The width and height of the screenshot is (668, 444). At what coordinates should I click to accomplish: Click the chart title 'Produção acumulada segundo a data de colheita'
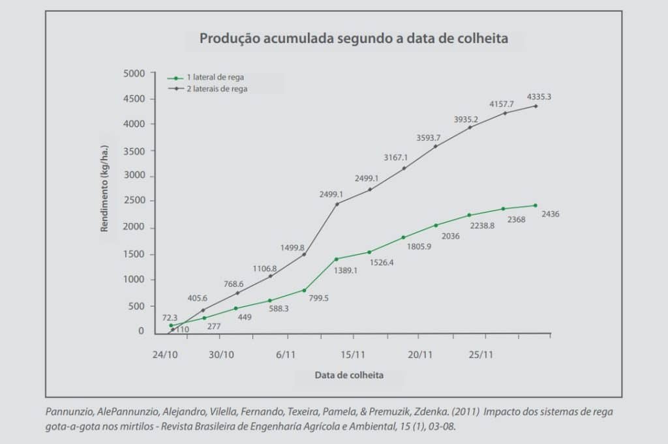[x=354, y=38]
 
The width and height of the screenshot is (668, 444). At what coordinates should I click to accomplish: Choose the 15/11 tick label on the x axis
[x=352, y=355]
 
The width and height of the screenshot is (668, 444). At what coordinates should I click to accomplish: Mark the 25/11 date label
[x=481, y=355]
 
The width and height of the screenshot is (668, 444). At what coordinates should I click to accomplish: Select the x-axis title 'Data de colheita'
[x=349, y=376]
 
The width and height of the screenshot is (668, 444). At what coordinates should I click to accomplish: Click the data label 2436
[x=551, y=214]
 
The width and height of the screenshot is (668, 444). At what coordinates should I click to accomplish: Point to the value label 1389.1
[x=346, y=270]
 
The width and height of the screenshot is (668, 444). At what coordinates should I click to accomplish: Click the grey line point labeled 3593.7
[x=436, y=146]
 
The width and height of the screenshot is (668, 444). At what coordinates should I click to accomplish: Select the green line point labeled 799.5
[x=304, y=290]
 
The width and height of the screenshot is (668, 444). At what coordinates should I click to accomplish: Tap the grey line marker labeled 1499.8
[x=304, y=254]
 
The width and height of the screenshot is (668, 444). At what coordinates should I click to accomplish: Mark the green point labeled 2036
[x=436, y=226]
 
